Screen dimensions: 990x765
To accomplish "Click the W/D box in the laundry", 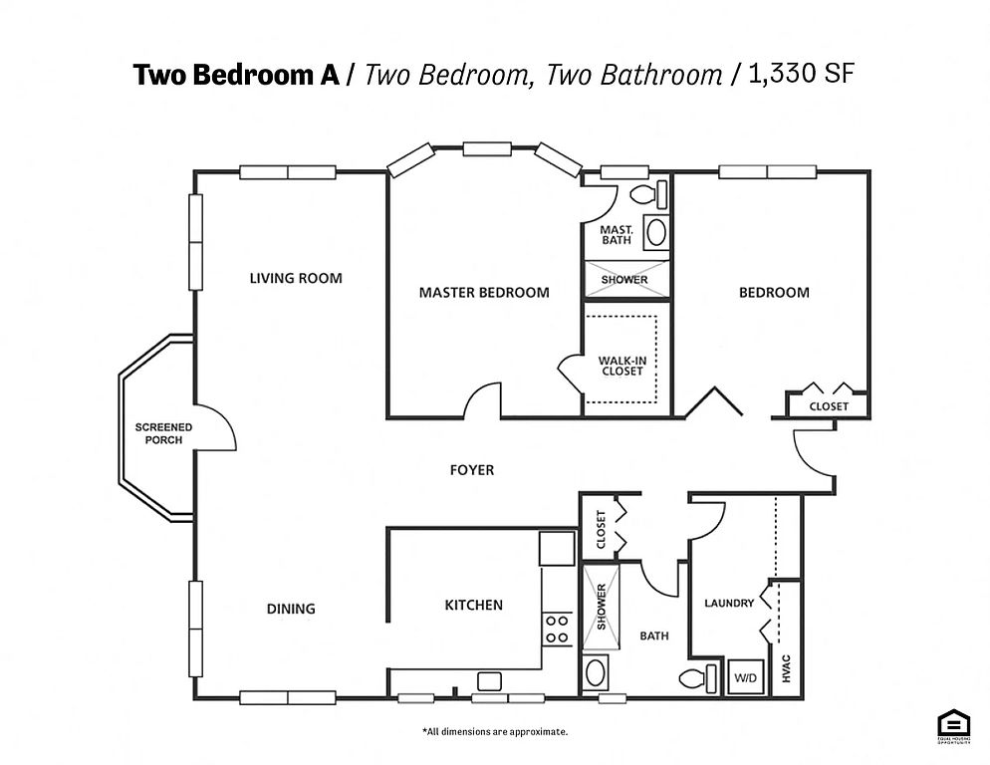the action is tap(746, 677).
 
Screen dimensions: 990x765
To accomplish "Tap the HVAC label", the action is tap(786, 668).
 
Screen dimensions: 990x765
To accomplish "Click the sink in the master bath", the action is tap(656, 232).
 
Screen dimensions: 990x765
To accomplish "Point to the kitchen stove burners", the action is tap(557, 630).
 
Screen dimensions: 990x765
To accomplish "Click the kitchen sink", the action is tap(489, 681).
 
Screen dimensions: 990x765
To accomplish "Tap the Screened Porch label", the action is tap(163, 433).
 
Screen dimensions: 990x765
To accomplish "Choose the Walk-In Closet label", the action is tap(622, 366).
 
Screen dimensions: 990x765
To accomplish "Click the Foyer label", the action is tap(472, 470).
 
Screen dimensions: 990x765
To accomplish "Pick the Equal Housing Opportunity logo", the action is tap(953, 727).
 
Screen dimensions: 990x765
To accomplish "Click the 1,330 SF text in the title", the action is tap(801, 74).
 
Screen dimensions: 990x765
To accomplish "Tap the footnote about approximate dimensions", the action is tap(495, 731).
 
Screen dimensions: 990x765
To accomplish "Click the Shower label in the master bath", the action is tap(624, 279).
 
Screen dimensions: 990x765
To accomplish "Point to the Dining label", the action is tap(291, 609).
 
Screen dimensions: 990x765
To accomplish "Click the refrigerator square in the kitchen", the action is tap(557, 548).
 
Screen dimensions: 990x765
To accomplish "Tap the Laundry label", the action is tap(729, 604).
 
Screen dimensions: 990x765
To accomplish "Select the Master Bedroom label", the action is tap(484, 293).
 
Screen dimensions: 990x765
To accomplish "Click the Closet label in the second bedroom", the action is tap(829, 406).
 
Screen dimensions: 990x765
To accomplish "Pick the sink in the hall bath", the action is tap(596, 672).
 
